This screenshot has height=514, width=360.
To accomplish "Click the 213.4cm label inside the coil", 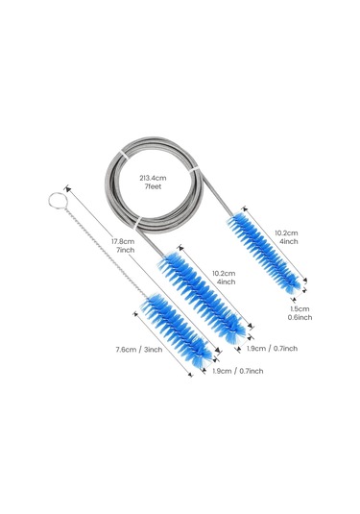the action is (153, 178).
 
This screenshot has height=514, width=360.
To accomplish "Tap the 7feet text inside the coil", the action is (153, 186).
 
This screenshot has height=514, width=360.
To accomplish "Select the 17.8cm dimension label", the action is (123, 241).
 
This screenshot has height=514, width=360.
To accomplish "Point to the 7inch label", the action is (125, 250).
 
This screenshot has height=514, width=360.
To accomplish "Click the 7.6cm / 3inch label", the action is (139, 350).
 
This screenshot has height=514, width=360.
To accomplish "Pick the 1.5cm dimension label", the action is (300, 308).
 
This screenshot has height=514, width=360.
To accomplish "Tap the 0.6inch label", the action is (300, 317).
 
